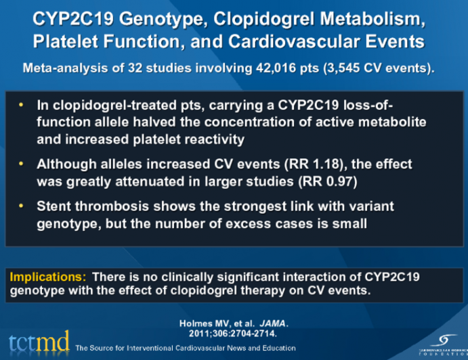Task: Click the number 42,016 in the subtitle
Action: click(272, 68)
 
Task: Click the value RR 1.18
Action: click(300, 164)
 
